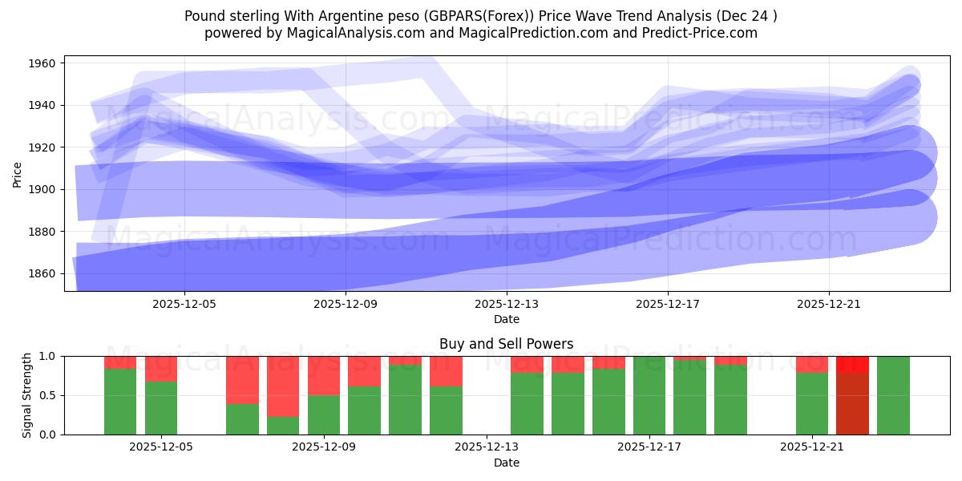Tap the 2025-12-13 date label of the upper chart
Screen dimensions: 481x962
coord(507,304)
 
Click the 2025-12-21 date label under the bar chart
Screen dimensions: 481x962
coord(812,447)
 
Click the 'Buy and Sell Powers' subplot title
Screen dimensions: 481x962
coord(506,344)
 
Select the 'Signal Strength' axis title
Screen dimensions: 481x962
coord(26,394)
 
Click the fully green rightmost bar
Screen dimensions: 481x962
coord(893,395)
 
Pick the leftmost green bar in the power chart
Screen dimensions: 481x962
coord(120,401)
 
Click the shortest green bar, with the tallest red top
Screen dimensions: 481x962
coord(283,425)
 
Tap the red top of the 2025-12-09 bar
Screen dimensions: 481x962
coord(324,375)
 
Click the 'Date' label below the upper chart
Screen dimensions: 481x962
coord(506,319)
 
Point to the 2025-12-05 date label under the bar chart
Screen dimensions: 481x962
coord(161,447)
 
